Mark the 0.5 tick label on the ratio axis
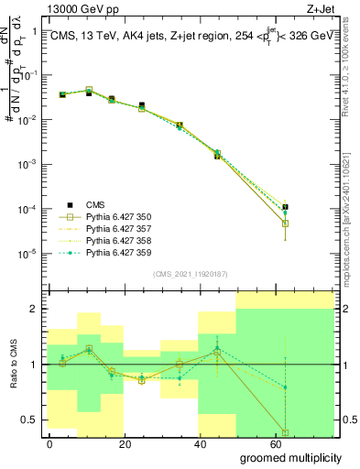click(x=27, y=420)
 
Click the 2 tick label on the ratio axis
click(x=32, y=309)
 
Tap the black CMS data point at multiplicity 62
click(x=286, y=207)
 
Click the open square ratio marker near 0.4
click(x=286, y=432)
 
